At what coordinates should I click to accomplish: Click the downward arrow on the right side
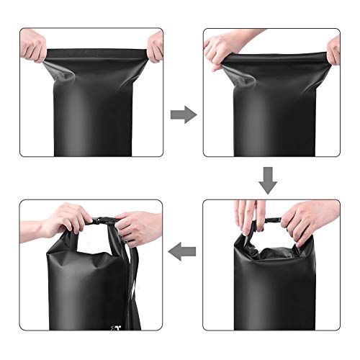(x=268, y=181)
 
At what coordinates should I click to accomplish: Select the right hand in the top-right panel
(x=333, y=48)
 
